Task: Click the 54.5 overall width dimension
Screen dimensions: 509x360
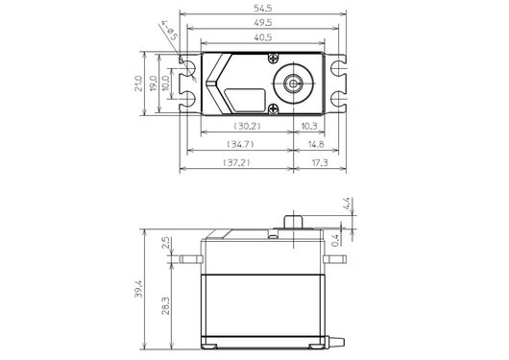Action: (x=262, y=8)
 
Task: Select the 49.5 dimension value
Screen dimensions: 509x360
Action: (x=262, y=23)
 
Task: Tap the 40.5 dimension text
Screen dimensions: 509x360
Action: (x=262, y=37)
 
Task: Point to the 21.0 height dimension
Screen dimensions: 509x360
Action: (x=138, y=84)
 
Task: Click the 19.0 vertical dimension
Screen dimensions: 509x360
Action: (x=154, y=84)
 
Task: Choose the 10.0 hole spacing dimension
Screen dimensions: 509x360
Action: (x=165, y=84)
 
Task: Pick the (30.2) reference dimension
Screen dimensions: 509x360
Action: (x=248, y=126)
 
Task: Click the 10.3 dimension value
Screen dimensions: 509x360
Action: (x=309, y=126)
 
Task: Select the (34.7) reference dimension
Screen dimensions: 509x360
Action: (x=240, y=144)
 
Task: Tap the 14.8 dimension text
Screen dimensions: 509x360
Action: (x=316, y=144)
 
